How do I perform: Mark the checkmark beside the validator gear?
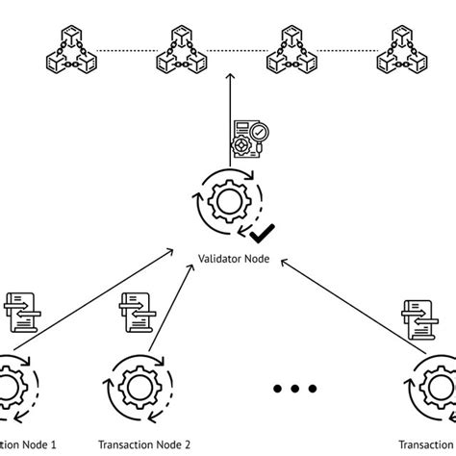pos(260,233)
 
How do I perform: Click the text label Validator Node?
pos(233,258)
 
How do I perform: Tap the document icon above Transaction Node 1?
pos(21,311)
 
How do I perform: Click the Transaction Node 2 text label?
pos(143,443)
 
